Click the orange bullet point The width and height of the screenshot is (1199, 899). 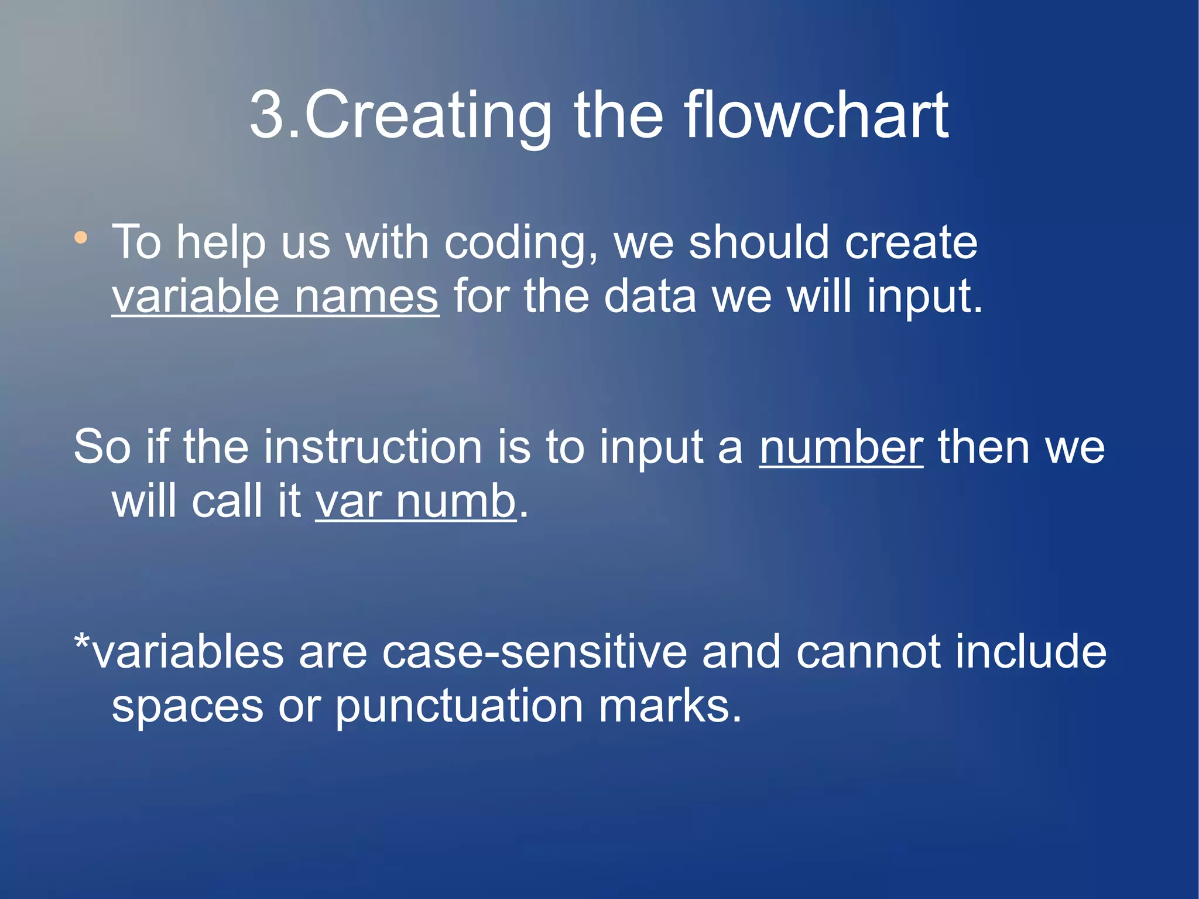[81, 238]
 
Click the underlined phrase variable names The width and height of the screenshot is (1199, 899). [275, 297]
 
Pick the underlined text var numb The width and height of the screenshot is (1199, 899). [416, 502]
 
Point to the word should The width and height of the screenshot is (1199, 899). [759, 242]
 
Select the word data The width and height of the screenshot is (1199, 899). [650, 297]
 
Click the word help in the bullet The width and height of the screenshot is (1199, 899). [221, 243]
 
